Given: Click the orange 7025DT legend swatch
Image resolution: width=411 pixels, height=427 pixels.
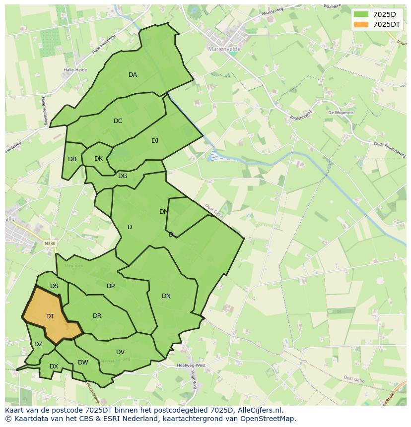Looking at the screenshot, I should [361, 24].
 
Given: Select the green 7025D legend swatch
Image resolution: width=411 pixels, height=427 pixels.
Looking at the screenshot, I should [361, 14].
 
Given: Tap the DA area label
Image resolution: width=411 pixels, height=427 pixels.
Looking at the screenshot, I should [133, 75].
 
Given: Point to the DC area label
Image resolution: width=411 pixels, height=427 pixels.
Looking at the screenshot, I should [118, 121].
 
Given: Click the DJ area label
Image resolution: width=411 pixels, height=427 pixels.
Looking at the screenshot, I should [155, 141].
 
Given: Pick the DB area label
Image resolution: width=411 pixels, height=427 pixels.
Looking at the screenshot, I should [72, 159].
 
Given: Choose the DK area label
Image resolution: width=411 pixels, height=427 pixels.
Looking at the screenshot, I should [98, 159].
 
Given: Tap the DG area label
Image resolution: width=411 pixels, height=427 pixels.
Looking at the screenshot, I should [123, 176].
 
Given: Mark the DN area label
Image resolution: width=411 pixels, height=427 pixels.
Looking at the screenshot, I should [166, 296].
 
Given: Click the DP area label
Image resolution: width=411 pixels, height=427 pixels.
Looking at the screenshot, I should [111, 286].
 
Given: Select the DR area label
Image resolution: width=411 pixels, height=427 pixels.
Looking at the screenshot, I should [97, 316].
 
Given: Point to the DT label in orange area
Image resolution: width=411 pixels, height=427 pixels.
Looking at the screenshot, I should [50, 316].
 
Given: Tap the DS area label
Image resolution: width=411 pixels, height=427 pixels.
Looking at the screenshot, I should [54, 286].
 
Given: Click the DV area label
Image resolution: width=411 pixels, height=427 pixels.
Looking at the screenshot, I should [120, 352].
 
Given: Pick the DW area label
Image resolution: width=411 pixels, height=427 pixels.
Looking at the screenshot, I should [83, 363].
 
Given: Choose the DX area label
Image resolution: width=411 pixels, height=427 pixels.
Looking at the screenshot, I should [54, 366].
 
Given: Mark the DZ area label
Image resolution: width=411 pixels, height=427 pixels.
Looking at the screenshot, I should [38, 344].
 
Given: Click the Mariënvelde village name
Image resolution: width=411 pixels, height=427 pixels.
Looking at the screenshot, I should [223, 49].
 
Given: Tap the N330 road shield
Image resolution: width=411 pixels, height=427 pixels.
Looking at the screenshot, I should [50, 244].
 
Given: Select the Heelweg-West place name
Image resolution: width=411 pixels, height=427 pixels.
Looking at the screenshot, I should [191, 366].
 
